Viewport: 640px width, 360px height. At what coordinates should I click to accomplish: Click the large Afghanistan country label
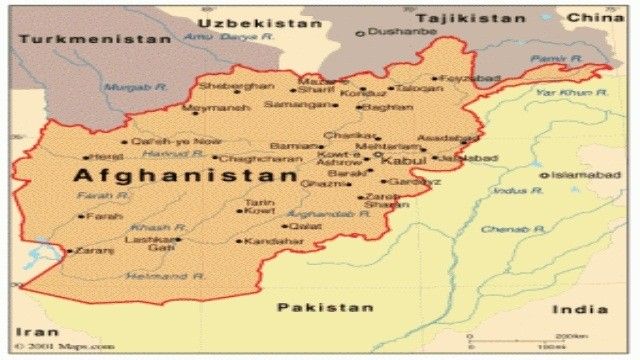186,176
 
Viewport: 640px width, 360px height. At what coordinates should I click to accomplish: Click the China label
595,17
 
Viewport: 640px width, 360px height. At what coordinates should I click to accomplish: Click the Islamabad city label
585,175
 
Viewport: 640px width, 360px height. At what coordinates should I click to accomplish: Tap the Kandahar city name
272,241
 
